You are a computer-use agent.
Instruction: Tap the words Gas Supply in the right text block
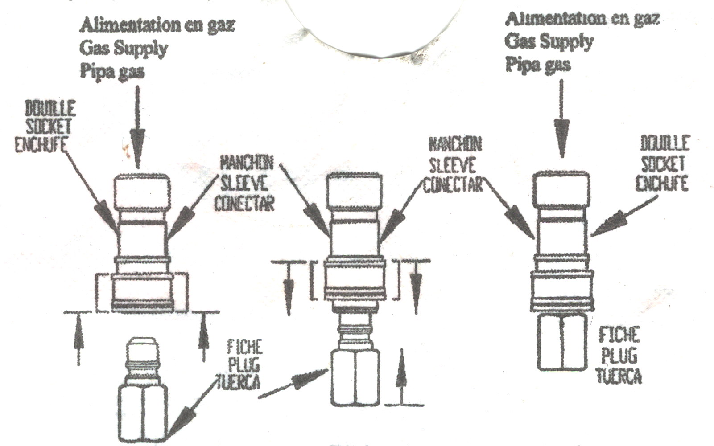pos(549,41)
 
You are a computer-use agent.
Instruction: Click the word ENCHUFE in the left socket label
pos(41,145)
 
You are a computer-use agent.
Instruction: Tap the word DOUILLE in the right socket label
pos(664,144)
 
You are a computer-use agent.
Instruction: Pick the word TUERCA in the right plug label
pos(619,376)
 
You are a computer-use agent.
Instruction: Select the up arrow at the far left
pos(79,339)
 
